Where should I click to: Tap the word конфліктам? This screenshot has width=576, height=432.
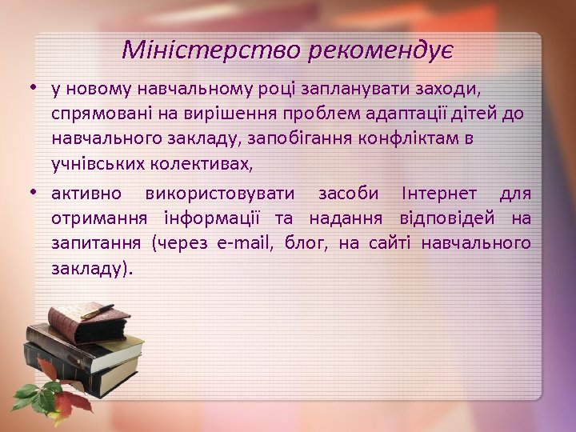click(410, 139)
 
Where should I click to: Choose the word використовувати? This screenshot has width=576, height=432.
click(220, 194)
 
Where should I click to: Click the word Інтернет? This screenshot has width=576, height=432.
click(441, 194)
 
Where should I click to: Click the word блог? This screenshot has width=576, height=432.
click(304, 243)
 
